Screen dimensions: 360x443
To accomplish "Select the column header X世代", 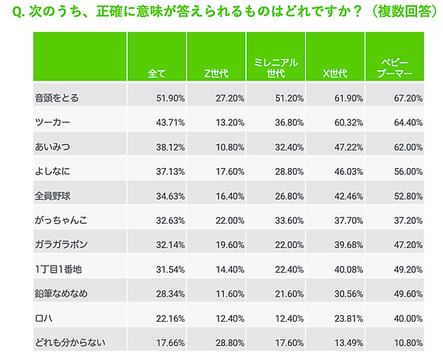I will pos(337,74).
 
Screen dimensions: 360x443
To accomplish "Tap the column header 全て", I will pos(157,74).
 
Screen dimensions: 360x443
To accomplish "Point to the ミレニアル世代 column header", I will pos(275,69).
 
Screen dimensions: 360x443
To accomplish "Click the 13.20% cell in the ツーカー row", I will pos(230,121).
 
